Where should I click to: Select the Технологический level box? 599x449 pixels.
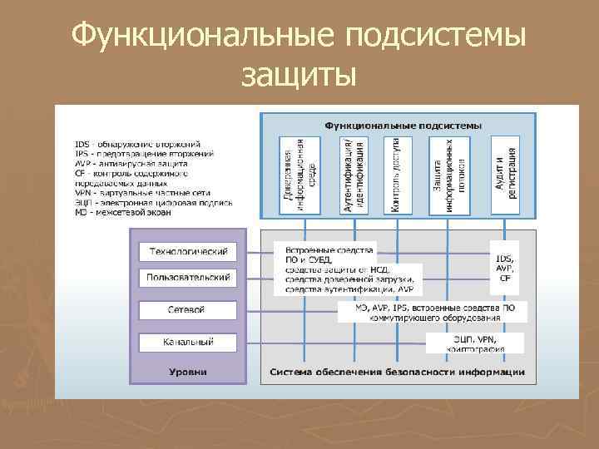pyautogui.click(x=187, y=252)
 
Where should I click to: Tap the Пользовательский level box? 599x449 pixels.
pyautogui.click(x=187, y=278)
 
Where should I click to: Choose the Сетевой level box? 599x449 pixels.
pyautogui.click(x=187, y=309)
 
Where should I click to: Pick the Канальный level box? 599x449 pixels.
pyautogui.click(x=187, y=341)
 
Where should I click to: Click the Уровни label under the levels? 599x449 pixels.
pyautogui.click(x=187, y=372)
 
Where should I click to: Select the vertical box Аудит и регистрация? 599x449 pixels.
pyautogui.click(x=505, y=175)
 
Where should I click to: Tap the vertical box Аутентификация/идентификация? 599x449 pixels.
pyautogui.click(x=354, y=175)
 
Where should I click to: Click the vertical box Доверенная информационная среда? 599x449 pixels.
pyautogui.click(x=300, y=175)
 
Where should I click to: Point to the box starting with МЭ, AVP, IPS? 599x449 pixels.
pyautogui.click(x=433, y=312)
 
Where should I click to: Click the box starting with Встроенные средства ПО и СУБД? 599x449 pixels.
pyautogui.click(x=348, y=269)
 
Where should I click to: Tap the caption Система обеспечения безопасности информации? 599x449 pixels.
pyautogui.click(x=397, y=372)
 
